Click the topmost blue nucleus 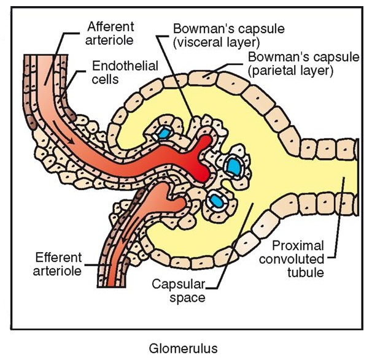[164, 133]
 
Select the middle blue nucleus [234, 166]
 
